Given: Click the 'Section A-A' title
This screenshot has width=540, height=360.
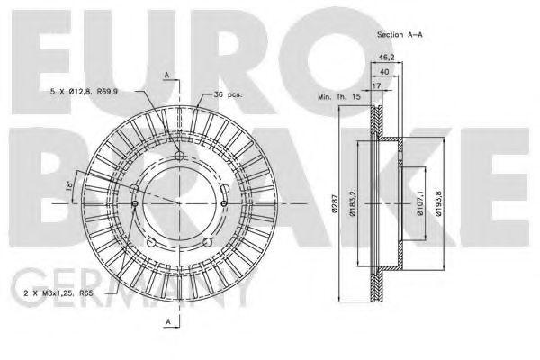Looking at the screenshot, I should pos(400,33).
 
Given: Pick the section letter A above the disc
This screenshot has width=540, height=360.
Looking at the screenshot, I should pos(166,74).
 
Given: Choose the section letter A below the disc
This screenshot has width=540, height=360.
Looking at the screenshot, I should pos(166,322).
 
